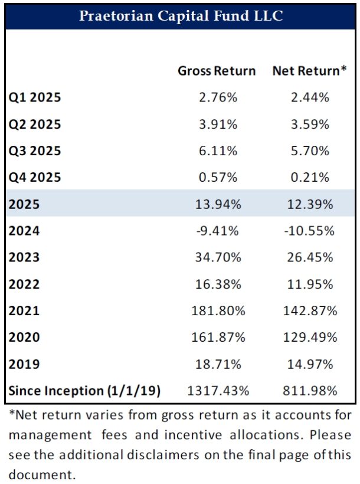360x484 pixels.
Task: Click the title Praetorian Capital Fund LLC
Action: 181,16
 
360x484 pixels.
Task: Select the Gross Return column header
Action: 217,71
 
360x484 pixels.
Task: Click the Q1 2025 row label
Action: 35,97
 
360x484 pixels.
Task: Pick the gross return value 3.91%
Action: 217,124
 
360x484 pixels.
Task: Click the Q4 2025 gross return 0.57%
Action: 217,177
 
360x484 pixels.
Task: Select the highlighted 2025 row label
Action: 24,204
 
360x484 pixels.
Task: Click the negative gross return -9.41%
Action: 217,230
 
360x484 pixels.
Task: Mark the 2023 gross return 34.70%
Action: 217,257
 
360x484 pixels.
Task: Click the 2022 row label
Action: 24,284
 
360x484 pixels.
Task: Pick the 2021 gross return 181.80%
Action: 217,310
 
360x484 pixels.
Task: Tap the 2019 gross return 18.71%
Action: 217,364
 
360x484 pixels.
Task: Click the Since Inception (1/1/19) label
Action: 84,390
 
